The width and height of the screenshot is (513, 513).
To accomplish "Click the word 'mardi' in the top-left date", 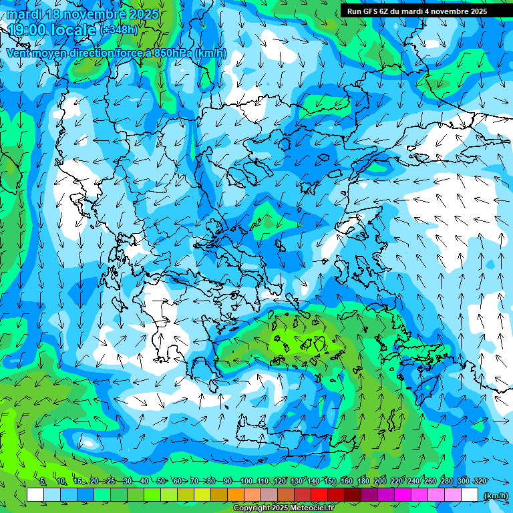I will pos(22,14).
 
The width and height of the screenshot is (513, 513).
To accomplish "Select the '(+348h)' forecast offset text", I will pos(120,30).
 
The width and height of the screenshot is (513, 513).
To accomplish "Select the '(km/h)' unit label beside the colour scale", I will pos(495,495).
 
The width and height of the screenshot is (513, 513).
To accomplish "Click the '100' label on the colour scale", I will pos(246,482).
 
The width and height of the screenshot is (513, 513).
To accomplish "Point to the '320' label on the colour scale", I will pos(480,482).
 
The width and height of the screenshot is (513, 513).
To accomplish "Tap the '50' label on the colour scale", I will pos(161,482).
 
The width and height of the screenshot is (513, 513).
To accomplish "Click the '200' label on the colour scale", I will pos(379,482).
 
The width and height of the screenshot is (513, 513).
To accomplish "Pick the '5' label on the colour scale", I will pos(42,482).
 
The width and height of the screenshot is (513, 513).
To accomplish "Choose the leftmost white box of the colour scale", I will pos(35,495).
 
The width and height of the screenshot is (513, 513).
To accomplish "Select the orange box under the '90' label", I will pos(236,495).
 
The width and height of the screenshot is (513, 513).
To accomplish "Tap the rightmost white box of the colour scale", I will pos(470,495).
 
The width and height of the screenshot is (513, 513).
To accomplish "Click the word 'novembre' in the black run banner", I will pos(450,11).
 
